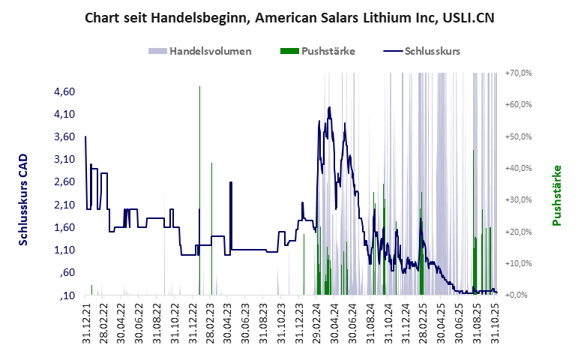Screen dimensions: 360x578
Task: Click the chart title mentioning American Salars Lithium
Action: click(x=289, y=16)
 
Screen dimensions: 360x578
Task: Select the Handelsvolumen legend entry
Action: click(x=200, y=52)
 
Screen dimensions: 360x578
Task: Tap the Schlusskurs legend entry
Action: click(x=422, y=52)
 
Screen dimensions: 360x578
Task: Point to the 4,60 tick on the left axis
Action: click(x=65, y=91)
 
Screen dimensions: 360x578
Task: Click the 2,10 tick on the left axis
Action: click(x=65, y=205)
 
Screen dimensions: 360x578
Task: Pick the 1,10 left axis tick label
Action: click(x=65, y=250)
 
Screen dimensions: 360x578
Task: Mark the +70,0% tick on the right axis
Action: click(x=519, y=73)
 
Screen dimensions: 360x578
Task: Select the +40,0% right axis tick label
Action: click(x=519, y=168)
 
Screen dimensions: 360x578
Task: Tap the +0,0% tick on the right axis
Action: click(x=519, y=295)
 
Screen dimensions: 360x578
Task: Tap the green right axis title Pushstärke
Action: click(x=557, y=196)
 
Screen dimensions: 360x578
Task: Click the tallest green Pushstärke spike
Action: click(x=199, y=88)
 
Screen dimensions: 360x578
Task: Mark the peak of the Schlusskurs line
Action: click(x=329, y=108)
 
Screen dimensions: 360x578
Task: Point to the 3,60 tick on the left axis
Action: click(x=65, y=136)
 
